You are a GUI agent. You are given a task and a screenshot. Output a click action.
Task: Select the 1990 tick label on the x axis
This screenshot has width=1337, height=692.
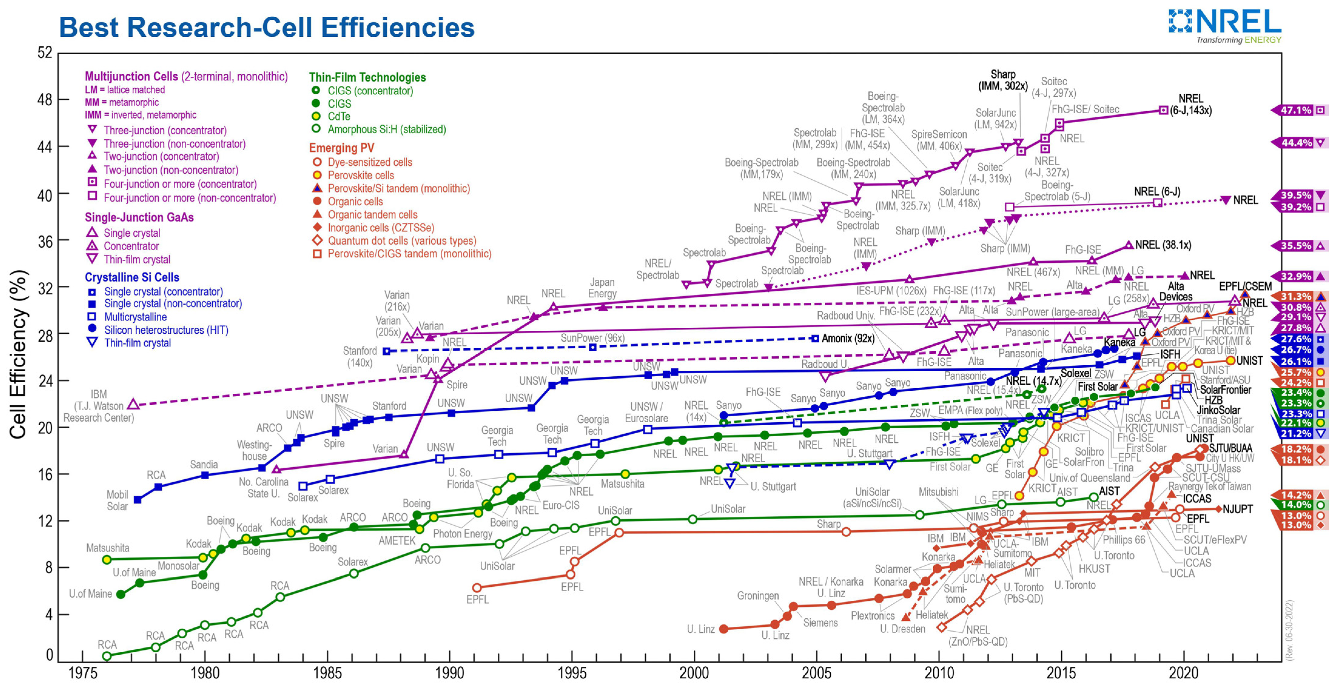click(450, 673)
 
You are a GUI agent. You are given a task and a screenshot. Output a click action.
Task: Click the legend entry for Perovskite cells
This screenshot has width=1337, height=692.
click(361, 175)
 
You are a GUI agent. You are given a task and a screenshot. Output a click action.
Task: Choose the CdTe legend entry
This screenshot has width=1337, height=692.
click(339, 116)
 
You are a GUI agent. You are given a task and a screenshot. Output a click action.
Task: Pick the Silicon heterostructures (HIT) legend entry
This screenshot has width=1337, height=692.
click(166, 330)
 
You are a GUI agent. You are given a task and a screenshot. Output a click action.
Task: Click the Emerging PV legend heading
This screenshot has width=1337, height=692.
click(342, 148)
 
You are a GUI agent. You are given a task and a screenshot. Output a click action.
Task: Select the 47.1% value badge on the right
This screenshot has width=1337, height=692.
click(1296, 110)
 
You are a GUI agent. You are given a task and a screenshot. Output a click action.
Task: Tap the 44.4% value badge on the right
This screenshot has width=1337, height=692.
click(1296, 143)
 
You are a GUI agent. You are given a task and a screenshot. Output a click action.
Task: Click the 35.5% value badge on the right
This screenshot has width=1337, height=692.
click(1296, 245)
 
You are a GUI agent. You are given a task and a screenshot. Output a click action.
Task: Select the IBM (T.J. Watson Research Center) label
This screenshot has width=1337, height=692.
click(99, 406)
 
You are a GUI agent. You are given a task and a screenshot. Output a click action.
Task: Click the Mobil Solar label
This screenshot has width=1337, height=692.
click(117, 501)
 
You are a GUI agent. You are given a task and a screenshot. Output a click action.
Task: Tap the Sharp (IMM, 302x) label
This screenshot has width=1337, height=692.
click(1003, 80)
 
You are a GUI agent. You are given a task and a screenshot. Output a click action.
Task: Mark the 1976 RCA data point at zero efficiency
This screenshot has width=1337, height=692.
click(107, 656)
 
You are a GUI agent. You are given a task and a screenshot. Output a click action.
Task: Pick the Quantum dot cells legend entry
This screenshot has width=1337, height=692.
click(402, 241)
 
